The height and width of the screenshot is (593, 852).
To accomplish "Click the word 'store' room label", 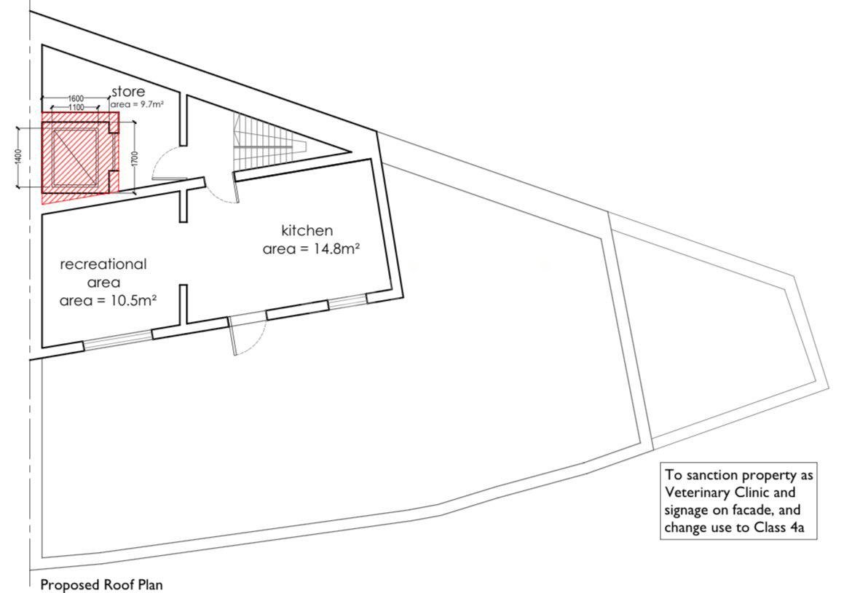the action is tap(128, 91).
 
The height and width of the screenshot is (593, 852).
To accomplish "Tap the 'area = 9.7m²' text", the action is tap(137, 104).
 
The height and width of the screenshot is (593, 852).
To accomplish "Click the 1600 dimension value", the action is tap(76, 98).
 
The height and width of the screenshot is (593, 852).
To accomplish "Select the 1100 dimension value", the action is tap(76, 107).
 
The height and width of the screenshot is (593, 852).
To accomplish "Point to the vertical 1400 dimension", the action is tap(18, 158).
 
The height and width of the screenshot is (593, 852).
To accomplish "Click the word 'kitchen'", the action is tap(307, 230).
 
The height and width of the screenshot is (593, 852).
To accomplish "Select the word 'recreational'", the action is tap(103, 264).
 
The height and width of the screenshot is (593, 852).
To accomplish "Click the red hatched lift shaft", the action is tap(80, 157).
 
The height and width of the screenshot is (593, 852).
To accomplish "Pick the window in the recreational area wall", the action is tap(117, 338).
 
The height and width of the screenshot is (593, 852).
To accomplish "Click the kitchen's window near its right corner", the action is tap(348, 302).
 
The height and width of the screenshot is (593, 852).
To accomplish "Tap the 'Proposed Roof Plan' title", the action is tap(102, 585).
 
